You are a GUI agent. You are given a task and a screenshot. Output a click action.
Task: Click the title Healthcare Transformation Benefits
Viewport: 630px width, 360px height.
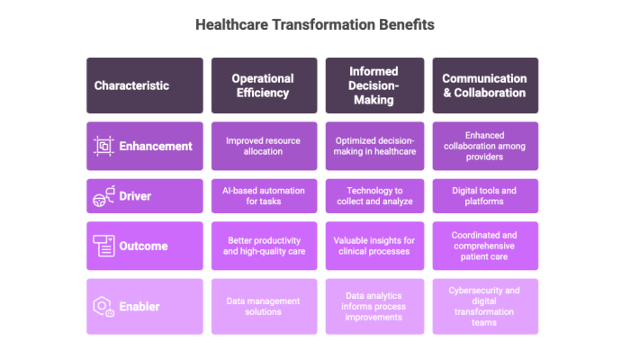[x=315, y=25]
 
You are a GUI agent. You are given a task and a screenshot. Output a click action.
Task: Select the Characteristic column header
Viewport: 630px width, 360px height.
[x=145, y=85]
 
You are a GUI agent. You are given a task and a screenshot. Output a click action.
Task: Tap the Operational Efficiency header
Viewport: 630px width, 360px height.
[x=264, y=85]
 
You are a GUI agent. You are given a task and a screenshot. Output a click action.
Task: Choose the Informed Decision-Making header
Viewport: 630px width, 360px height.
[x=374, y=85]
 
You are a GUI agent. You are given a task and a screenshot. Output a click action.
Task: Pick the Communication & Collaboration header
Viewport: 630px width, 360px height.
[x=485, y=85]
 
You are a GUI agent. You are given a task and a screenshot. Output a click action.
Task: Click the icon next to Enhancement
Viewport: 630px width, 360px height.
[x=103, y=146]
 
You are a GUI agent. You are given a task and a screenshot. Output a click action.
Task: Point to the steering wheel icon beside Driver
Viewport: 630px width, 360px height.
[x=104, y=196]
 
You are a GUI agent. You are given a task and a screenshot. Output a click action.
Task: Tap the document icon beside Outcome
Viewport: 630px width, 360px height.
[x=104, y=246]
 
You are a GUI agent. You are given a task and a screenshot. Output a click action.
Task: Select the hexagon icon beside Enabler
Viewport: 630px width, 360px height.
[x=103, y=307]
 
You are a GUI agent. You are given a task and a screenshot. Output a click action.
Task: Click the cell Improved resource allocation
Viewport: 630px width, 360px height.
[x=264, y=146]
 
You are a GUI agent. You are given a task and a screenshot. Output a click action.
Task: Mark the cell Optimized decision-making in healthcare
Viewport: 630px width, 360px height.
[x=374, y=146]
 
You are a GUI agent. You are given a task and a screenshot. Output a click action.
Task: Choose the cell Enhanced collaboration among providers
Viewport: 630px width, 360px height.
[x=485, y=146]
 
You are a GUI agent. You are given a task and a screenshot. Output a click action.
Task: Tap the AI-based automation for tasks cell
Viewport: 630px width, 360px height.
[x=264, y=196]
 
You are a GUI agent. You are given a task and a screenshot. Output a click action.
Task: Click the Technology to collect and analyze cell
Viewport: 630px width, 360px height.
[x=374, y=196]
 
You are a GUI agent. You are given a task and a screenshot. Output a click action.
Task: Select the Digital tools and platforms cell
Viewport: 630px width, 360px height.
[x=485, y=196]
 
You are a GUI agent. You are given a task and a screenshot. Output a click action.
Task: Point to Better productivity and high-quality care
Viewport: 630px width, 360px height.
[x=264, y=246]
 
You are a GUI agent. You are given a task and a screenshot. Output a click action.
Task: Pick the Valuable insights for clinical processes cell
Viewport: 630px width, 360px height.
[x=374, y=246]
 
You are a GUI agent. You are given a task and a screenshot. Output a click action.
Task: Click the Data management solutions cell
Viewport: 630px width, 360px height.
[x=264, y=307]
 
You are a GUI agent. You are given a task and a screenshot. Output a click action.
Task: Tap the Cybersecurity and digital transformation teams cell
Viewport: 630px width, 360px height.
[x=485, y=307]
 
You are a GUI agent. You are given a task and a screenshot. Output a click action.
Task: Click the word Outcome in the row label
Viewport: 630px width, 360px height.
[x=143, y=246]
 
